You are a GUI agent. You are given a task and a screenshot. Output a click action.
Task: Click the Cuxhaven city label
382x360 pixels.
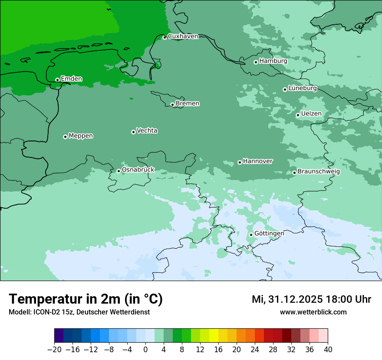[x=183, y=36]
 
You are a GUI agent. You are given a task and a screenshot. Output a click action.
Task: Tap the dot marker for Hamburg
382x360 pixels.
[x=256, y=62]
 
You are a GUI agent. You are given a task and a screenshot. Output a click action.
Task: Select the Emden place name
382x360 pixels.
[x=71, y=79]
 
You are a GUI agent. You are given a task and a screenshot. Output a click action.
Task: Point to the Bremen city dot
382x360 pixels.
[x=172, y=105]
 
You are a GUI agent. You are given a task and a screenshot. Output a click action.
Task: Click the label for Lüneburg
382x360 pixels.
[x=303, y=88]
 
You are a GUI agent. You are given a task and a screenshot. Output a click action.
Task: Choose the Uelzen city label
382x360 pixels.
[x=311, y=114]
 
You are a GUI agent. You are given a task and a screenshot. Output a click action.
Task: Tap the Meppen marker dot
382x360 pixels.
[x=65, y=137]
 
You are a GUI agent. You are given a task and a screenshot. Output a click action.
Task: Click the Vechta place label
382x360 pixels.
[x=147, y=131]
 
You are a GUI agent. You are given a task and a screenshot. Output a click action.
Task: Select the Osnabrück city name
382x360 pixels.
[x=138, y=170]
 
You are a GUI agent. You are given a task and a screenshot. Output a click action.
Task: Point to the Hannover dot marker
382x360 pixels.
[x=240, y=163]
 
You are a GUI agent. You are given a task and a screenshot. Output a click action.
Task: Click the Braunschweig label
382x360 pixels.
[x=319, y=171]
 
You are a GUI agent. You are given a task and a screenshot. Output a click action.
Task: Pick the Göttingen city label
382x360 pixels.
[x=269, y=233]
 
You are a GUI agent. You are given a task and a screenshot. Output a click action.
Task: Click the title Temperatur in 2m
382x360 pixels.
[x=86, y=299]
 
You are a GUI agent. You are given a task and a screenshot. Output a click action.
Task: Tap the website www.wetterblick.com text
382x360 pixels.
[x=313, y=312]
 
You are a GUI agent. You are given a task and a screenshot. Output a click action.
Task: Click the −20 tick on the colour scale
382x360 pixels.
[x=54, y=349]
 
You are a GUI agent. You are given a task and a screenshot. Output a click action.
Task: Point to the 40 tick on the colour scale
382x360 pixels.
[x=328, y=349]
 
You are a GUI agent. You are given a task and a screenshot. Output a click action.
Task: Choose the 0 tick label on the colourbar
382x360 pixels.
[x=145, y=349]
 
